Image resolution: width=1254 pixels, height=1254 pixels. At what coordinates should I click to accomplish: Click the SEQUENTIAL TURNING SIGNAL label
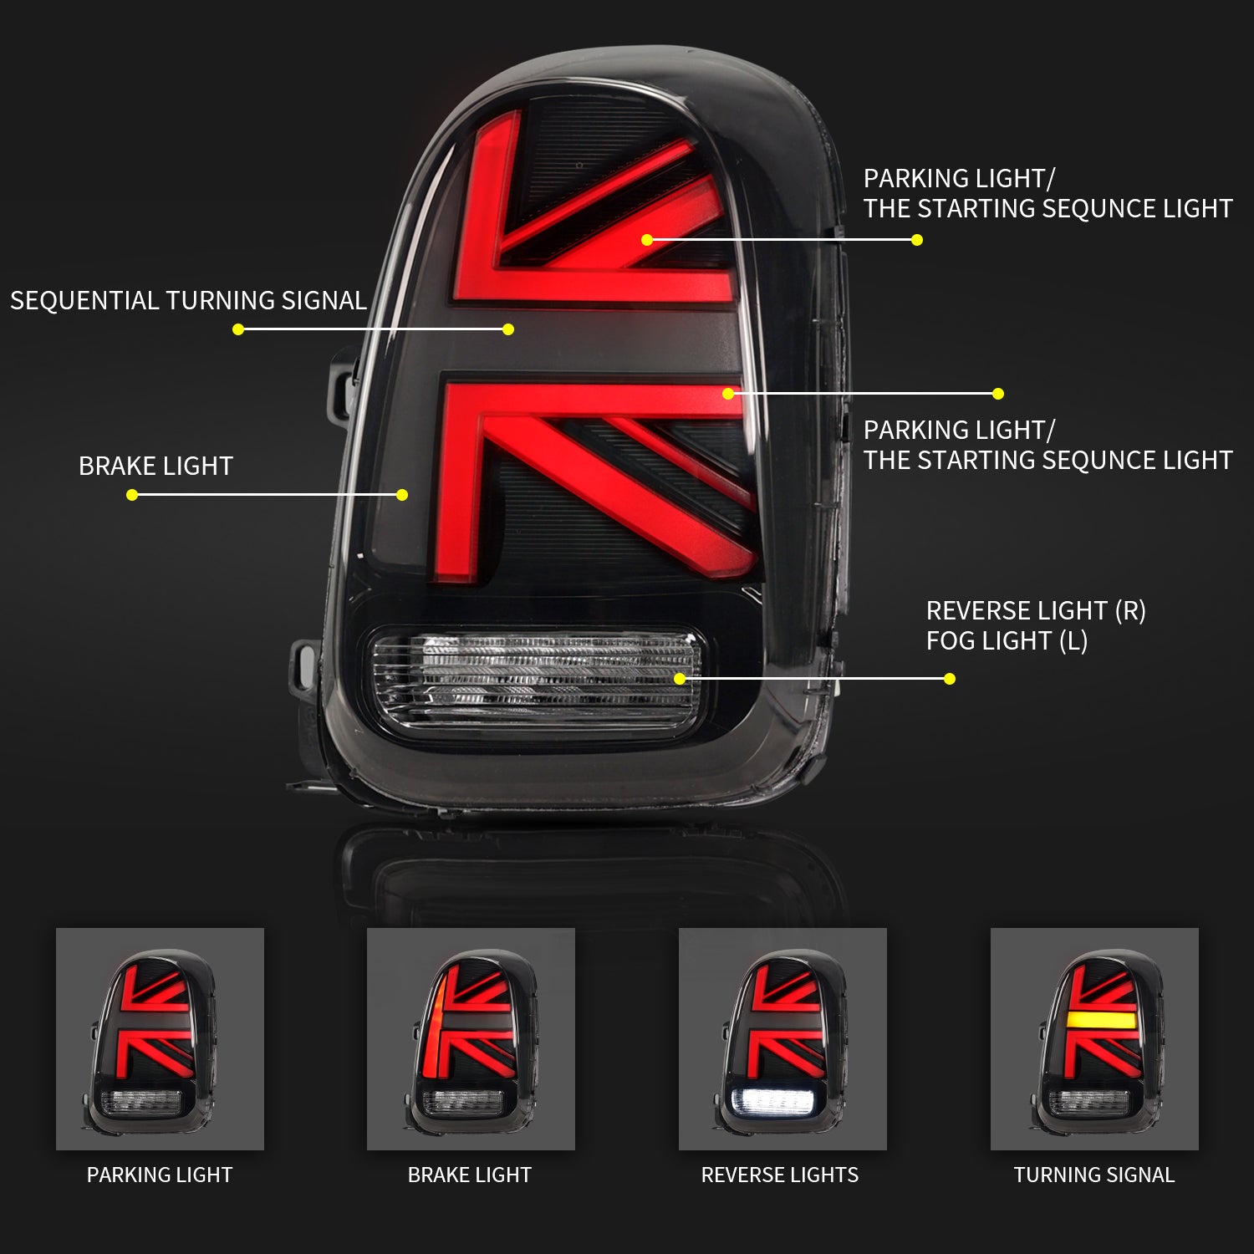coord(188,300)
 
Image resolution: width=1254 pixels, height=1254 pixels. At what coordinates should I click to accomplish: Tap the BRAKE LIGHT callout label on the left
coord(155,466)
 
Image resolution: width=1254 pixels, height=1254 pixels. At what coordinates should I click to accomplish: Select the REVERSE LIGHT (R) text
coord(1036,611)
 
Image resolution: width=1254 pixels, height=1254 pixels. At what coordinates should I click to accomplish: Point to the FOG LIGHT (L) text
coord(1007,641)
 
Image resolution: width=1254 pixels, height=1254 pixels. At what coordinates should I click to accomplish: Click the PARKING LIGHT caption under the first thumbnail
coord(160,1175)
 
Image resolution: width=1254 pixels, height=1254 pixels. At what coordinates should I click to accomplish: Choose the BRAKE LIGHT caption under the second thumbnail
coord(470,1175)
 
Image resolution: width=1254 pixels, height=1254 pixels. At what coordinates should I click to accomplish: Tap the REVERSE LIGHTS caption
coord(780,1175)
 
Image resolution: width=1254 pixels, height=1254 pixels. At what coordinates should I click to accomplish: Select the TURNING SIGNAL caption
coord(1094,1175)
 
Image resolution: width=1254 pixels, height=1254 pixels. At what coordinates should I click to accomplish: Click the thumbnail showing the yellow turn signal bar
coord(1094,1039)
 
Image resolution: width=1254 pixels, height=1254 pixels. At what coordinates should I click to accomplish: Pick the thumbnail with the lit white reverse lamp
coord(782,1039)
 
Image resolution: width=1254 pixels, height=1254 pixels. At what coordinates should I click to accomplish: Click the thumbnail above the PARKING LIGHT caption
coord(160,1039)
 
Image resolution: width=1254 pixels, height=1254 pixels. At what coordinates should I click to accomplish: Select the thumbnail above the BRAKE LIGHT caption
coord(471,1039)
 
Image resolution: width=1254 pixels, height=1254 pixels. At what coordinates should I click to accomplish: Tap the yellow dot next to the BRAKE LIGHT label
coord(132,495)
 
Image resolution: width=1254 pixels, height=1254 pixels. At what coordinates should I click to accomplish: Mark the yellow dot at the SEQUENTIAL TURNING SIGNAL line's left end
coord(238,329)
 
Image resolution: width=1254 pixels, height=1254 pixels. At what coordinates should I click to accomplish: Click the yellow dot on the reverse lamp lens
coord(680,679)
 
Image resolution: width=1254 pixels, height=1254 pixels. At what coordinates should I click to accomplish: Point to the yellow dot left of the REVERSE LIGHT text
coord(950,679)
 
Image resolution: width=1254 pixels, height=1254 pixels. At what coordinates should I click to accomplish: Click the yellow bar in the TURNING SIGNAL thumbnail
coord(1101,1020)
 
